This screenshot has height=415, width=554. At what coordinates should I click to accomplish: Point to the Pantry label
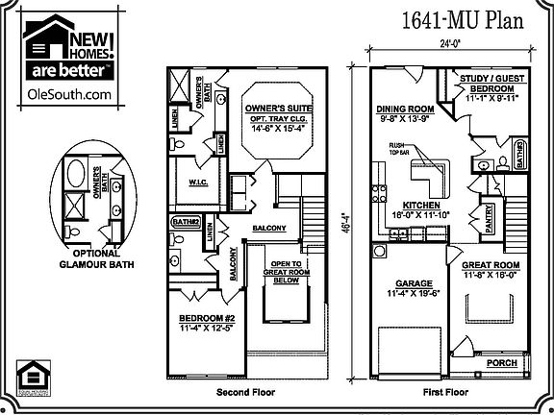(x=488, y=212)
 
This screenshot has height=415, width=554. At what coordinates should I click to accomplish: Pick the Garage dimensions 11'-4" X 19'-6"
(x=415, y=294)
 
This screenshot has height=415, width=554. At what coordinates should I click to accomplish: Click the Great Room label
(x=491, y=266)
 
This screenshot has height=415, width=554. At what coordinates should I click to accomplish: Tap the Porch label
(x=503, y=363)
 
